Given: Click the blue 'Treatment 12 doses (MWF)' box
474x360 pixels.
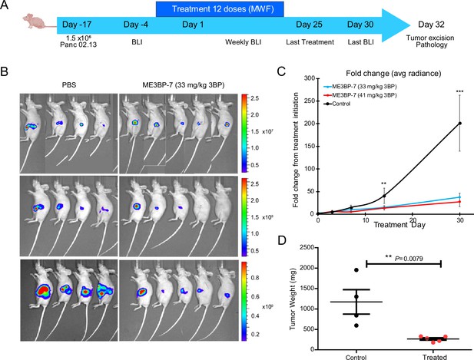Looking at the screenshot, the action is click(x=220, y=8).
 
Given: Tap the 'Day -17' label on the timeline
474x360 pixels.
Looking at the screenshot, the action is click(x=77, y=25).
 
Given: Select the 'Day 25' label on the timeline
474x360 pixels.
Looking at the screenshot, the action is click(x=309, y=25).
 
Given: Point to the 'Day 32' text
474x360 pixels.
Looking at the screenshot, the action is click(x=431, y=25).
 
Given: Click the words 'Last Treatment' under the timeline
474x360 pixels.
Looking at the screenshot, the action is click(x=310, y=42).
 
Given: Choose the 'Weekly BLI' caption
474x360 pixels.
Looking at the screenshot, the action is click(x=243, y=42).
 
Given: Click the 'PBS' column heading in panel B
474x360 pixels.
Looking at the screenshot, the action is click(x=69, y=85).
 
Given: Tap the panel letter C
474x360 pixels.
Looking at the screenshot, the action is click(x=281, y=71).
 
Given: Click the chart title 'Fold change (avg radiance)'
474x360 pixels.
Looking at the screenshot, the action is click(x=393, y=74).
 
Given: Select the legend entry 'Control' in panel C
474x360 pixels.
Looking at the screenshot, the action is click(x=341, y=104).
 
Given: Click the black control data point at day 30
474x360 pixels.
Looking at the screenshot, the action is click(x=460, y=124).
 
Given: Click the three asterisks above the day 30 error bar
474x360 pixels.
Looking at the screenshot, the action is click(x=460, y=92).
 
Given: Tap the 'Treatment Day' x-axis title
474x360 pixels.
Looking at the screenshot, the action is click(x=399, y=225).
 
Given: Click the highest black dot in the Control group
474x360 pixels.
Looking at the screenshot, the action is click(x=356, y=270).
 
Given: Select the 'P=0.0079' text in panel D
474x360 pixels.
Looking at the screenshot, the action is click(x=409, y=259).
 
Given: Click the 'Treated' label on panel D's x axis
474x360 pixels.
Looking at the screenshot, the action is click(x=435, y=357).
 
